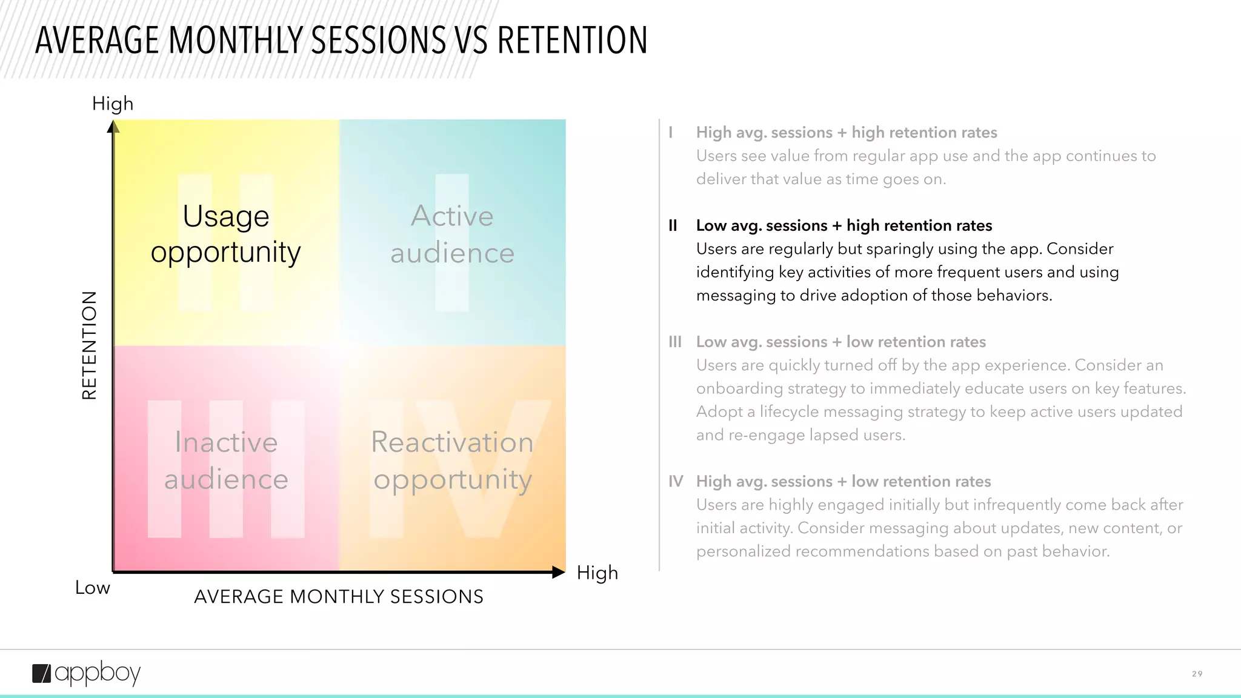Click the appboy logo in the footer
point(86,673)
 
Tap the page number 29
point(1197,674)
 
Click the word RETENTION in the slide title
point(572,41)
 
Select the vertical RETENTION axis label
point(89,345)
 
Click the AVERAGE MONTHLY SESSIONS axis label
point(338,597)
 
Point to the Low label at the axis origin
point(92,588)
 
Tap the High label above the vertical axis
point(113,104)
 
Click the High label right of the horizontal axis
point(597,573)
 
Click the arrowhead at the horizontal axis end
point(559,572)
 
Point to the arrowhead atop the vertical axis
point(113,127)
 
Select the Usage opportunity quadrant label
point(225,234)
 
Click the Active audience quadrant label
point(452,234)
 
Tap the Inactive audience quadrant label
point(226,460)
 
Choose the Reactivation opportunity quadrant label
point(452,460)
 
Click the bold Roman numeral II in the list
point(673,226)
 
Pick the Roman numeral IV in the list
point(676,482)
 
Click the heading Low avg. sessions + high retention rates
point(843,226)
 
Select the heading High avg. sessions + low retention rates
point(843,482)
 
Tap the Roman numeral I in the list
point(671,133)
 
